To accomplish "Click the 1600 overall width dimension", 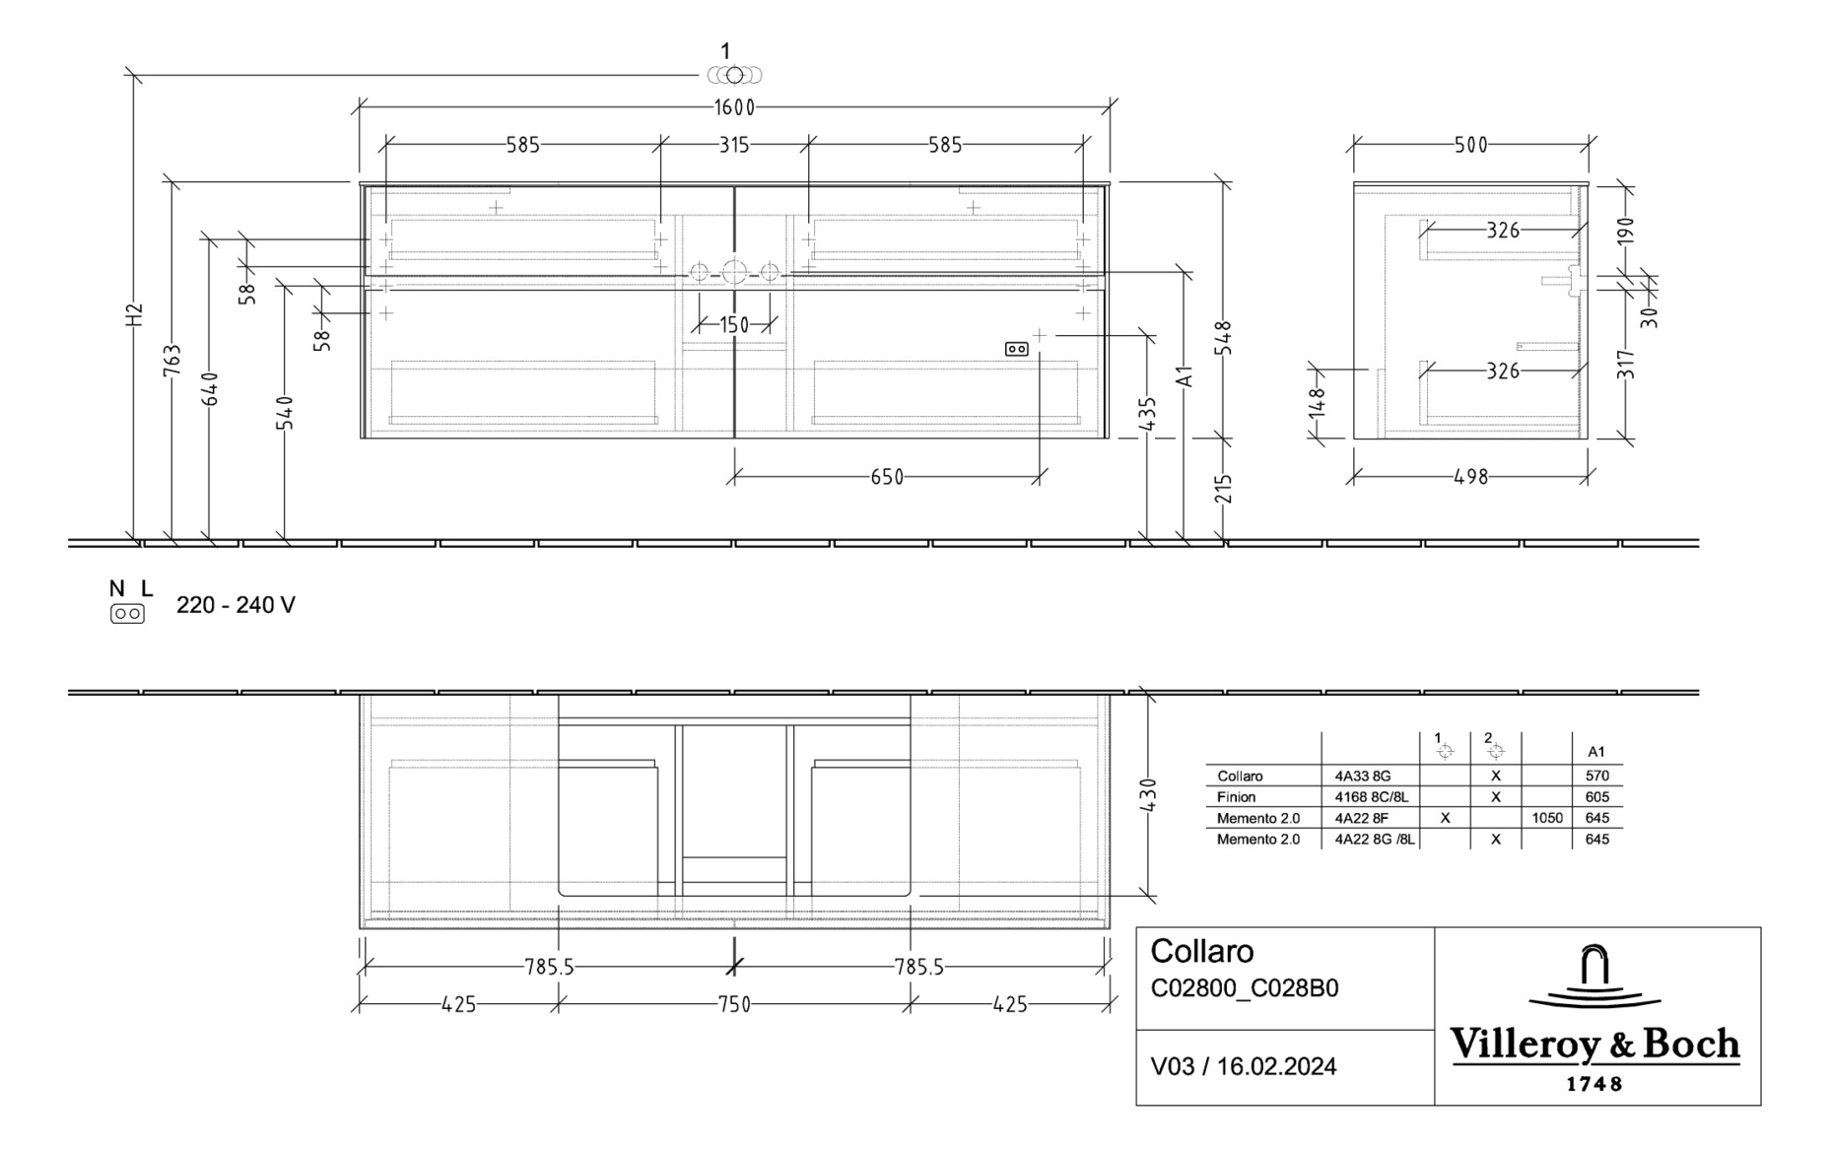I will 734,107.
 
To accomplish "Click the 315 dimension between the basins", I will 734,145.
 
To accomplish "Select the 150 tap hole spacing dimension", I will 734,324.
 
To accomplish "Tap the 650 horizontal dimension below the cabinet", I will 887,477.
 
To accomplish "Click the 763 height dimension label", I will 171,360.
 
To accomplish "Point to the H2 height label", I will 134,314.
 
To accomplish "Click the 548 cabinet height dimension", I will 1223,337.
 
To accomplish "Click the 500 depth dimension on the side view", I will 1470,145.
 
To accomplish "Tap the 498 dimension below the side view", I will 1470,477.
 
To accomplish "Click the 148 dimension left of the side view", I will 1318,402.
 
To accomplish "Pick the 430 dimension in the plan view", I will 1148,795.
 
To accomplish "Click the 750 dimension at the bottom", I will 734,1004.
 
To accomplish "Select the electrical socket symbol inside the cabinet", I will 1016,349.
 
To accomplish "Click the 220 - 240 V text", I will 236,605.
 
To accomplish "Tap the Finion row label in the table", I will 1236,797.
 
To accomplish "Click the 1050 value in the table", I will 1547,818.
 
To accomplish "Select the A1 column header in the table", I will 1596,751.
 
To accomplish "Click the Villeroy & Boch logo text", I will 1594,1044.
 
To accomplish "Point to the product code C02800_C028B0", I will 1244,988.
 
